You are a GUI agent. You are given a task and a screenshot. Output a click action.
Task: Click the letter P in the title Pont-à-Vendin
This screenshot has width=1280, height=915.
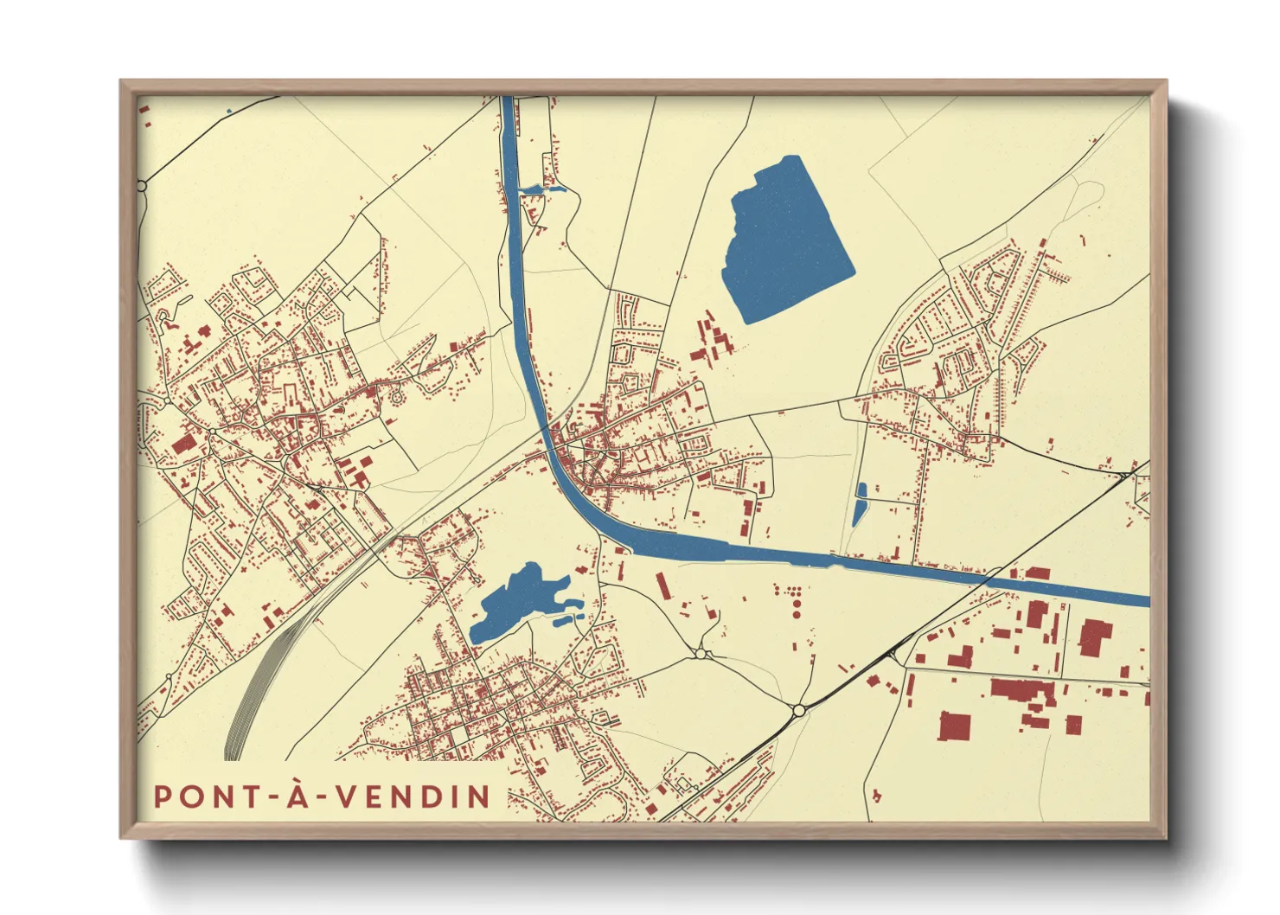click(x=163, y=797)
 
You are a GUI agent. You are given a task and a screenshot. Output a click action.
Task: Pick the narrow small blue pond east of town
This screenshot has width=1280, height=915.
click(x=860, y=505)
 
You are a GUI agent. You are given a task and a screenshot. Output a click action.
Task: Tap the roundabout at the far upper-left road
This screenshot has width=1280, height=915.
click(x=142, y=185)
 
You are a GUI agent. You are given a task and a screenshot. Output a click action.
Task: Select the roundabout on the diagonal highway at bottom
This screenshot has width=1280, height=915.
click(x=798, y=710)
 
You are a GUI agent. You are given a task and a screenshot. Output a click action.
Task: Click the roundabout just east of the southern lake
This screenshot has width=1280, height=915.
click(x=701, y=655)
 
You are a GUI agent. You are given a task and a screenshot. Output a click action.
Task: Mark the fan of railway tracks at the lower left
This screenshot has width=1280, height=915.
click(x=251, y=692)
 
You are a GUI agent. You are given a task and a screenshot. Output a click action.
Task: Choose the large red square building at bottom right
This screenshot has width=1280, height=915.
click(x=956, y=726)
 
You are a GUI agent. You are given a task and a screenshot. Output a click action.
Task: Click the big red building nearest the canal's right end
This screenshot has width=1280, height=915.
click(x=1094, y=637)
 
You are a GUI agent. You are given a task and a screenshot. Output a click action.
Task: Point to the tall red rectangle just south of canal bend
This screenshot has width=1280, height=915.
click(x=663, y=585)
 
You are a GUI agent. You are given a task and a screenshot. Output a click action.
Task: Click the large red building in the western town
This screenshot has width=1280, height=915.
click(x=184, y=444)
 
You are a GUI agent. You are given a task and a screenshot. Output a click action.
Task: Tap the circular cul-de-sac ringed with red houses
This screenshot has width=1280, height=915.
click(x=398, y=397)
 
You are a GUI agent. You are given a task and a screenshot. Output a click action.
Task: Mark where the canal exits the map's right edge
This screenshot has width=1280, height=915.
click(x=1147, y=600)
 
